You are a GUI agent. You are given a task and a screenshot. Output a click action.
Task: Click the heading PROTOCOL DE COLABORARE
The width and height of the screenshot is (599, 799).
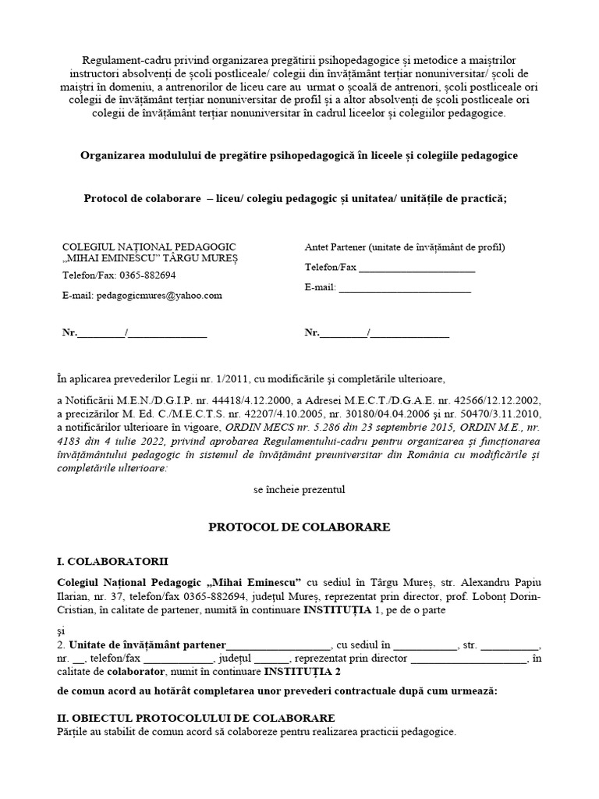[299, 527]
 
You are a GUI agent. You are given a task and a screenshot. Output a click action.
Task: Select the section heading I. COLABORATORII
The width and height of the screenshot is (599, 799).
[112, 561]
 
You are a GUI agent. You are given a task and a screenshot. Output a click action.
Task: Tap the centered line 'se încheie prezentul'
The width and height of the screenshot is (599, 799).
[299, 490]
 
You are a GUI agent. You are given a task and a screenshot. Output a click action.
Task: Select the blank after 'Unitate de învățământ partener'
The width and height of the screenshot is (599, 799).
[278, 646]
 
